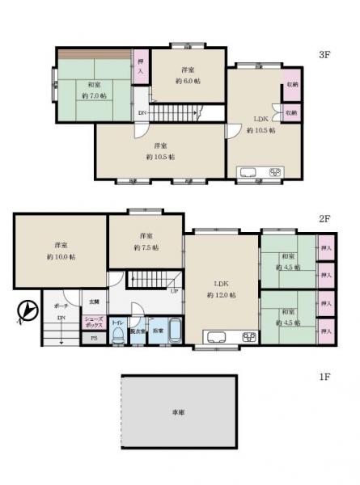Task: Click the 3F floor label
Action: tap(324, 55)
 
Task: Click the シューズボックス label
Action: tap(95, 321)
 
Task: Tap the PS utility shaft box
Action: tap(94, 338)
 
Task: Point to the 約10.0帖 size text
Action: tap(61, 256)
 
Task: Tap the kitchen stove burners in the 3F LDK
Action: tap(273, 171)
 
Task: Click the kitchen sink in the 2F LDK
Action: tap(218, 337)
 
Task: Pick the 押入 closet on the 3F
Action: tap(142, 67)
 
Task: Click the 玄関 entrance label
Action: tap(94, 302)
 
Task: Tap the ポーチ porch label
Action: tap(61, 307)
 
